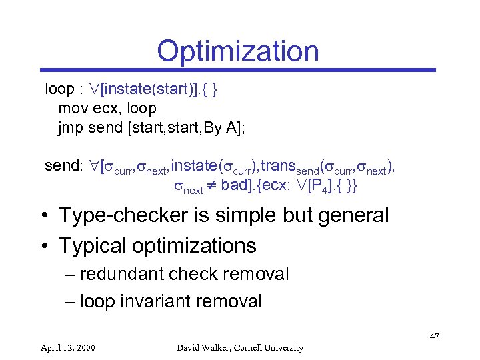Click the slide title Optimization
coord(238,51)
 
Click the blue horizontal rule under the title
coord(238,69)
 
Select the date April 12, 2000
coord(68,347)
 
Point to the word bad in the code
coord(234,185)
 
